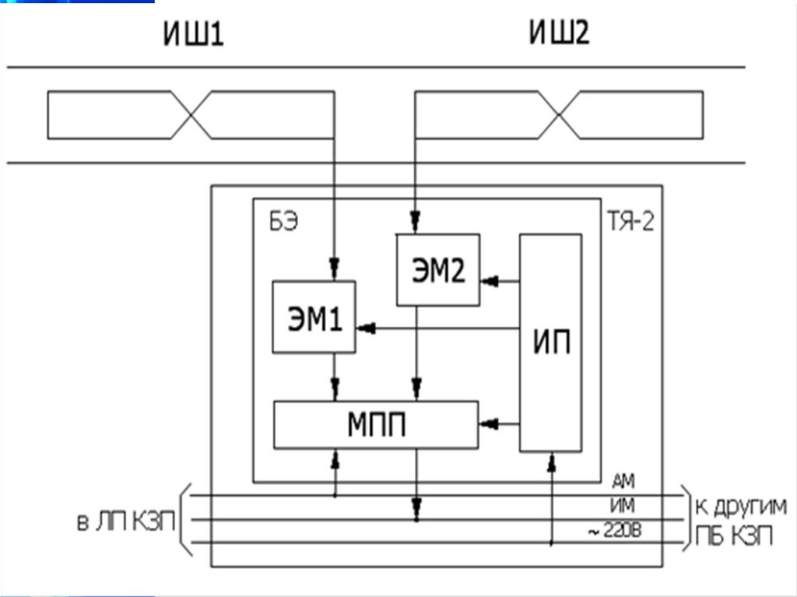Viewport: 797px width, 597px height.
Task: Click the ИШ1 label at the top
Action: pos(193,34)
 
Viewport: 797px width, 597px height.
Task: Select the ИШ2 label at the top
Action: pos(559,33)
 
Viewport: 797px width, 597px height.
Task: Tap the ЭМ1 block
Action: pos(314,317)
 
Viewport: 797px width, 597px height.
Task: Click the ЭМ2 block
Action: pos(438,270)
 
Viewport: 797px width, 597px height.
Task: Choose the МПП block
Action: pos(376,425)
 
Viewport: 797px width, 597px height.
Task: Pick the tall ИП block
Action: pos(551,342)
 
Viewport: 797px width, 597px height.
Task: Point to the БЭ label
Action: pos(283,222)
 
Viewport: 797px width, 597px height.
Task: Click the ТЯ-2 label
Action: pos(630,222)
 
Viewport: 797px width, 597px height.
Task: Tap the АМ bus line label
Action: pos(623,481)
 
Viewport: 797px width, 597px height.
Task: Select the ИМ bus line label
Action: pos(623,505)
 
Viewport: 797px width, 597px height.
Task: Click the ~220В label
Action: pos(615,531)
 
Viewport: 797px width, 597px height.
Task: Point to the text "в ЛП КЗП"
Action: pos(126,522)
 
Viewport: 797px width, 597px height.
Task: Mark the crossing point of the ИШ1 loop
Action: pos(191,115)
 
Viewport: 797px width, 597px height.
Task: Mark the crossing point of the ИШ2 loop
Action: pos(559,115)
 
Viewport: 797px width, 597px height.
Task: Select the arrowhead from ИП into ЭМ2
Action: pos(489,281)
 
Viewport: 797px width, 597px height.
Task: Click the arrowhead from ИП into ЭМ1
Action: pos(366,328)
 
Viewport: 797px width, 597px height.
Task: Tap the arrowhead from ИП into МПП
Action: pos(488,423)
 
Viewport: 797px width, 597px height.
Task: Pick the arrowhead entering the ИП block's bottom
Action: pos(552,462)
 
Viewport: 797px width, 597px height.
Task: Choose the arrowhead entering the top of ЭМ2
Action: pos(416,222)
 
